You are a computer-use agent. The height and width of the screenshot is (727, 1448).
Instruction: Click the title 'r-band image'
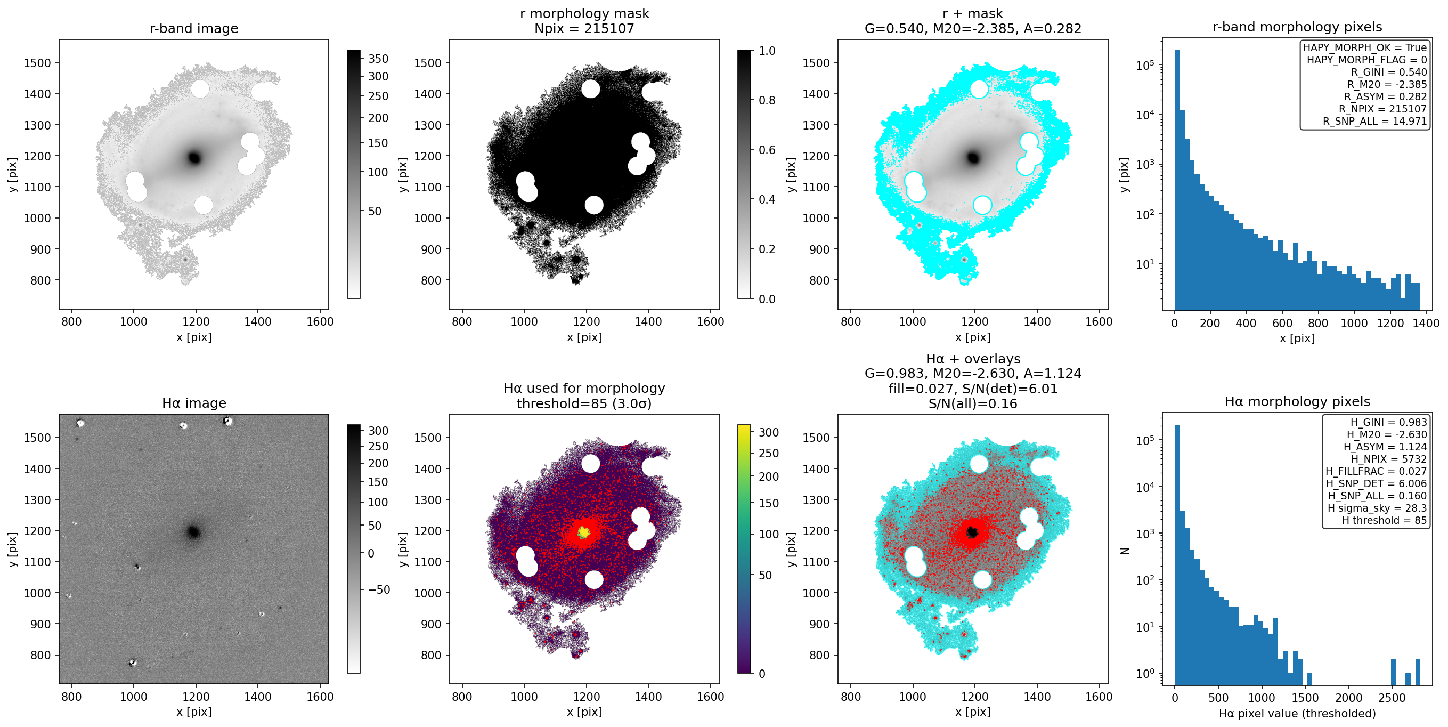pos(194,28)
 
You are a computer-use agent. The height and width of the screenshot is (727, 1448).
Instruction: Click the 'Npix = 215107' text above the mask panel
pos(584,28)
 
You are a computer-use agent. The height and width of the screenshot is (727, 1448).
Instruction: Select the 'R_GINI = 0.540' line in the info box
pos(1389,72)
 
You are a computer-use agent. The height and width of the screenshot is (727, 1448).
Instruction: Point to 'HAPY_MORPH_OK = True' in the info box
pos(1365,48)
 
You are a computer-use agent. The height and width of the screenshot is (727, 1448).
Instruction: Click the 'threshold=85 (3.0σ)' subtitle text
pos(584,403)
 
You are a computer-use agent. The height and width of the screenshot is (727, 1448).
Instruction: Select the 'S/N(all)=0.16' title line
pos(972,403)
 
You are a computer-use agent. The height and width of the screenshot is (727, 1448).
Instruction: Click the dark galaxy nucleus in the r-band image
pos(194,158)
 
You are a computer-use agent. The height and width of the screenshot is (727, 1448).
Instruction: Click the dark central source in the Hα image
pos(193,531)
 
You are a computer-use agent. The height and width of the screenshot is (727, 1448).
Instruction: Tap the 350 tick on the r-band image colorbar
pos(378,59)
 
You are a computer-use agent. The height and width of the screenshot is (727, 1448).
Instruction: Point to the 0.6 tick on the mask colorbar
pos(767,150)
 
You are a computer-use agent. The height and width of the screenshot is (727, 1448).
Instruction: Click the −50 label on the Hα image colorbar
pos(379,589)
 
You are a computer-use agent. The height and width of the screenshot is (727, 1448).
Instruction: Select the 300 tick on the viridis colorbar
pos(768,432)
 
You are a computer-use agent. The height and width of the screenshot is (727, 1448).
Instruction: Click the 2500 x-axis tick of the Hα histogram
pos(1392,697)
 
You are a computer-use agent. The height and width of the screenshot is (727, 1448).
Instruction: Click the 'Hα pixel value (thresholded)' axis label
pos(1297,713)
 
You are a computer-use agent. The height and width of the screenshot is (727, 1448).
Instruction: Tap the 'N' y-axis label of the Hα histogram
pos(1125,551)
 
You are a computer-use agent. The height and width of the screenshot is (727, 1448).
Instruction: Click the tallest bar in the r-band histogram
pos(1177,180)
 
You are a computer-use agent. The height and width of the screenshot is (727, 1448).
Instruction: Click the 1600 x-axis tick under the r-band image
pos(320,321)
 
